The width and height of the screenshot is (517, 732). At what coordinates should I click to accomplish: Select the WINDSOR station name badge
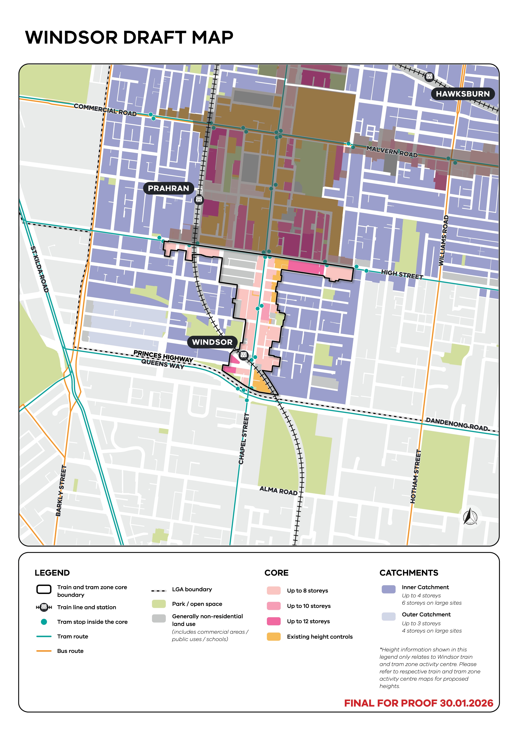coord(212,342)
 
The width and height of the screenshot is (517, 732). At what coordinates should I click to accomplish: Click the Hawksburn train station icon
coord(429,76)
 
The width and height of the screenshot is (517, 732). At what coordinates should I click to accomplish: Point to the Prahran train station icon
coord(199,199)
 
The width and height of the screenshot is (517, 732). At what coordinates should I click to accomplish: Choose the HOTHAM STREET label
coord(416,476)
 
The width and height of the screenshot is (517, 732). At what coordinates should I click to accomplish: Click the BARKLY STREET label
coord(61,491)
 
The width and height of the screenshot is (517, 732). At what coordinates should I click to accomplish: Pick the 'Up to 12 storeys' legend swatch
coord(274,621)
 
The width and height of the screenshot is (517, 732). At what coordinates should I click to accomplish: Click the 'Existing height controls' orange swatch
coord(274,636)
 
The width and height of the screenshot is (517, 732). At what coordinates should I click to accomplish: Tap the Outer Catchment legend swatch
coord(388,616)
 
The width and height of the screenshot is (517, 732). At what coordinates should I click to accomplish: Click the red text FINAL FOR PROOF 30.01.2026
coord(418,703)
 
